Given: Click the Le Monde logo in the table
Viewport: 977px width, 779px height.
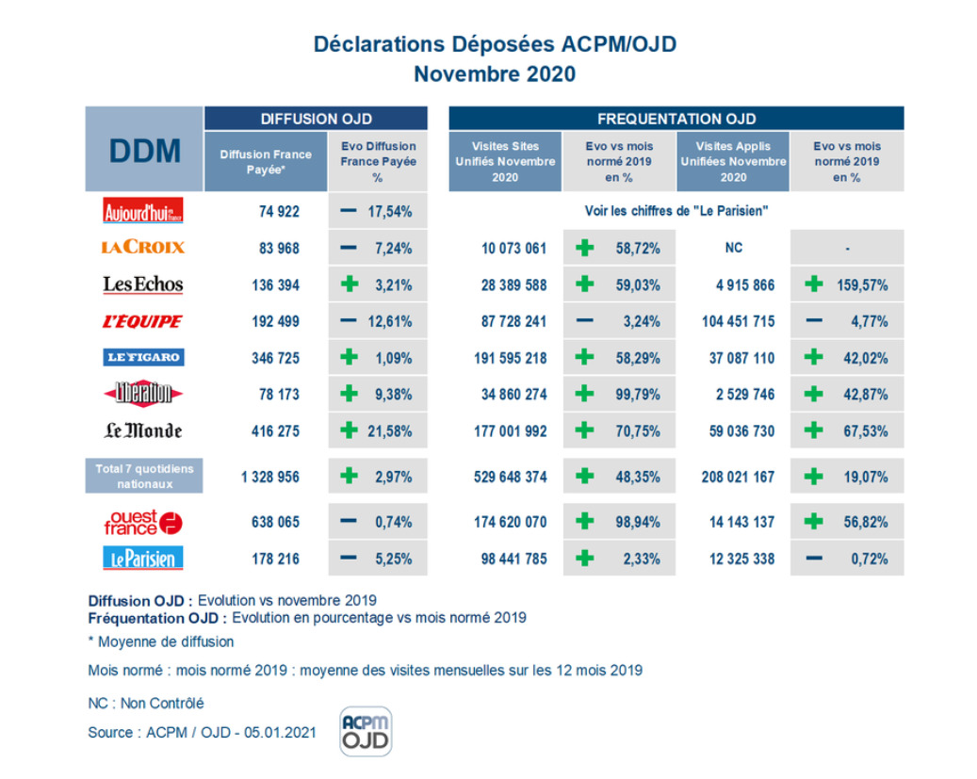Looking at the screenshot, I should click(x=142, y=430).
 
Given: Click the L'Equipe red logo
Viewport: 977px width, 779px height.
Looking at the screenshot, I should click(x=142, y=321).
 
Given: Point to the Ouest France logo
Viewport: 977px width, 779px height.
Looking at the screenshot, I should click(x=143, y=522).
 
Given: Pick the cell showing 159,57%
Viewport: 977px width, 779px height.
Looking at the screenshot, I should click(x=862, y=284).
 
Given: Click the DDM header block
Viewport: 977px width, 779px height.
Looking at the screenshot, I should click(x=144, y=151).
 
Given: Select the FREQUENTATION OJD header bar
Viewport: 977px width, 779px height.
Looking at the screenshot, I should click(x=676, y=119).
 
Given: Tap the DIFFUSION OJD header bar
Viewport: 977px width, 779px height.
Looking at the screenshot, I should click(x=316, y=119).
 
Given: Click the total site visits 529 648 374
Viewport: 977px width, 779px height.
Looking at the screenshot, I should click(x=510, y=477).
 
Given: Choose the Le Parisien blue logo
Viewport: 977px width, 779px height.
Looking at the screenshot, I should click(x=142, y=559).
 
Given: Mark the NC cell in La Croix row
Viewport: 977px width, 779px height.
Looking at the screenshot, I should click(x=733, y=247).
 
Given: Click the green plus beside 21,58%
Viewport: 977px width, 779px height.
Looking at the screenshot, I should click(x=349, y=430).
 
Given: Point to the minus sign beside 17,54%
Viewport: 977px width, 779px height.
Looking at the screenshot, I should click(x=348, y=211).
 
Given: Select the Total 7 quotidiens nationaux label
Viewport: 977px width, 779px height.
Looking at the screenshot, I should click(x=144, y=476).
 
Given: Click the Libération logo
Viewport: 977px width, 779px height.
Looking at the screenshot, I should click(x=142, y=394).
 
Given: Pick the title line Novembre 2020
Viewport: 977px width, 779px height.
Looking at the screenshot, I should click(x=495, y=73).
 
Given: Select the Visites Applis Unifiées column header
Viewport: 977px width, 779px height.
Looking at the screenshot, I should click(x=733, y=161).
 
